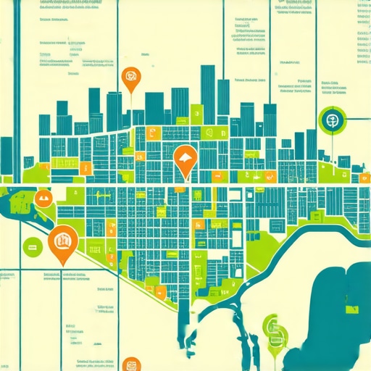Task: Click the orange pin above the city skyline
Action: pyautogui.click(x=130, y=78)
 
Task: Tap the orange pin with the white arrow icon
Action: pyautogui.click(x=185, y=161)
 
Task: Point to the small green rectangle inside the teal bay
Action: pyautogui.click(x=353, y=310)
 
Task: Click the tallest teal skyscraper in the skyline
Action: pyautogui.click(x=208, y=94)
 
